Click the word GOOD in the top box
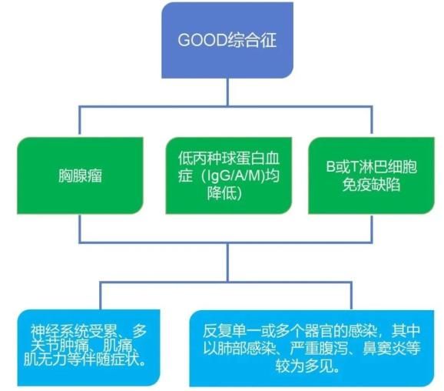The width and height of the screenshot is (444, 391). click(202, 40)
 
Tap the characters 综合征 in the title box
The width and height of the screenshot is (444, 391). click(252, 40)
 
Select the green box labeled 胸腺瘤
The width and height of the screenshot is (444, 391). click(80, 175)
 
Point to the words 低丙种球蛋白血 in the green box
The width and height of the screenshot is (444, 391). click(229, 158)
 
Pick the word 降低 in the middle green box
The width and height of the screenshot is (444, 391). click(222, 193)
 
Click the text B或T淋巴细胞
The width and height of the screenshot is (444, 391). click(371, 166)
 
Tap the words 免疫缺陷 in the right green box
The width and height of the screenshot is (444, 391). click(371, 185)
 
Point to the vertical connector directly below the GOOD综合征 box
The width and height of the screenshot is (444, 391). click(227, 92)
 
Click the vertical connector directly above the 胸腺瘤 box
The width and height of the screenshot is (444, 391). click(80, 122)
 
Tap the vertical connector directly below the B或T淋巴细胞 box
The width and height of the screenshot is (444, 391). click(371, 229)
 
